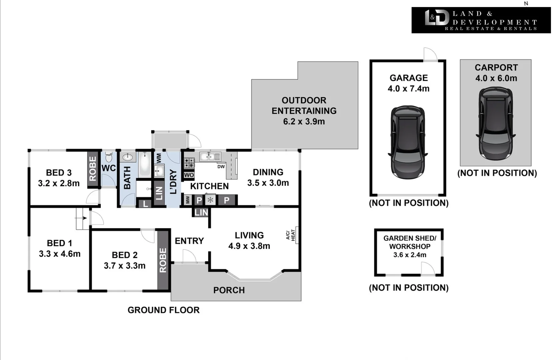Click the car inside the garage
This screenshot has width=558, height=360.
pos(408,143)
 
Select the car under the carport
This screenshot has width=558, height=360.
pos(496,124)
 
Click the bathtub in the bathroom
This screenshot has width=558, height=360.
pos(145,164)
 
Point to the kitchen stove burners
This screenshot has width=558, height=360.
pos(189,163)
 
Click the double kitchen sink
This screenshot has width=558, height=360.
pos(210,156)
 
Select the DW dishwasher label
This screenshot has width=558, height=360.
pos(221,166)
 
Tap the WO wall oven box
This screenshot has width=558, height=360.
pos(189,175)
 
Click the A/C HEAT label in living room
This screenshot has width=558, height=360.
pos(291,235)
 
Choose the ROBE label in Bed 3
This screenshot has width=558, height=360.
pos(93,168)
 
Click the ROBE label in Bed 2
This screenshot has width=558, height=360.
pos(163,260)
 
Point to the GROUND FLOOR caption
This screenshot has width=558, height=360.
pos(163,310)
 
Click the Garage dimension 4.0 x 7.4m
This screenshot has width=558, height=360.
pos(408,89)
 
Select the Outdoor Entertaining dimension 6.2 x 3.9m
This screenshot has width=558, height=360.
pos(304,121)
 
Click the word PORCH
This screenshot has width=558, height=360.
pos(229,290)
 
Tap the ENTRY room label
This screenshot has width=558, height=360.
pos(189,241)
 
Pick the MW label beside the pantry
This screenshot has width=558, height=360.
pos(188,200)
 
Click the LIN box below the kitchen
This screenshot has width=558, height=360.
pos(201,212)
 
